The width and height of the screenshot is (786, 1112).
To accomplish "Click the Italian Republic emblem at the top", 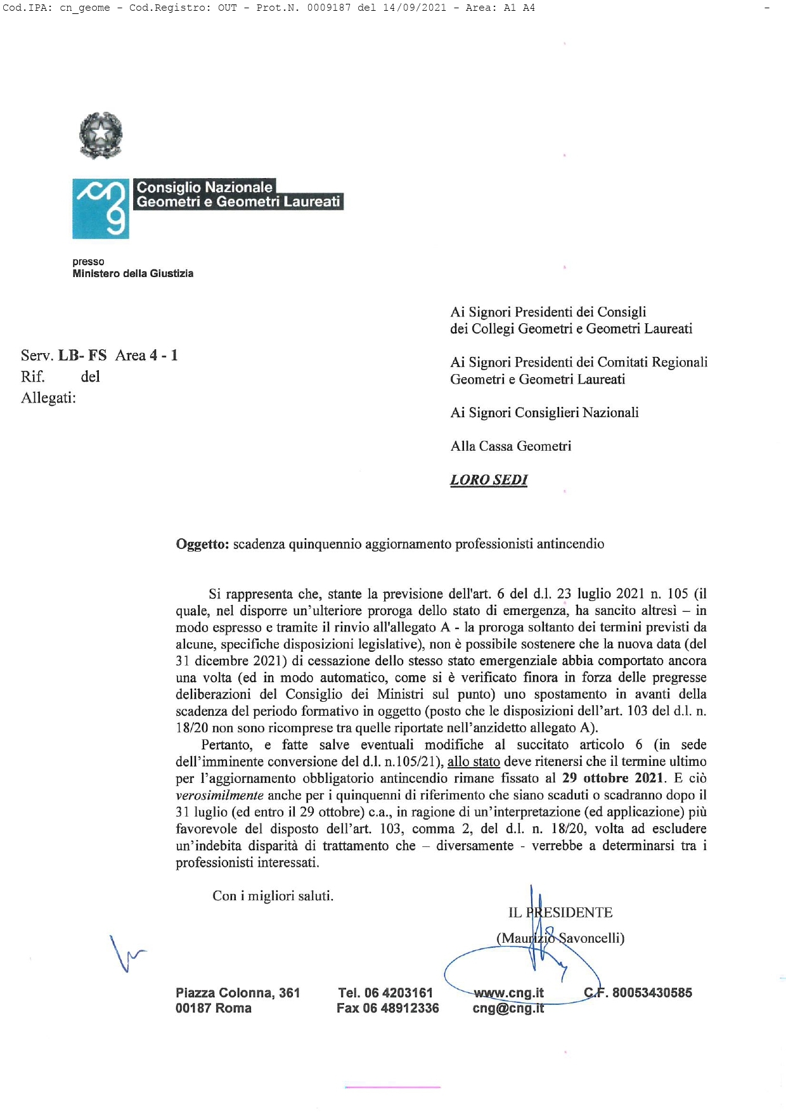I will pos(101,135).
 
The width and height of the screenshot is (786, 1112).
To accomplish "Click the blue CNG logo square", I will pos(101,209).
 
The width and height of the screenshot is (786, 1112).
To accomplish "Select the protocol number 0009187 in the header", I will pos(329,8).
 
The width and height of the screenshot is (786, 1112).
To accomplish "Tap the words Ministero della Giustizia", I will pos(133,274).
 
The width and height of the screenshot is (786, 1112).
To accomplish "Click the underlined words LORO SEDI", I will pos(489,480).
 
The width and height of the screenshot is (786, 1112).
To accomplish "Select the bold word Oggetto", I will pos(202,544).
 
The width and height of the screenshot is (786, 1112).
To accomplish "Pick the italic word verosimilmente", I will pos(219,795).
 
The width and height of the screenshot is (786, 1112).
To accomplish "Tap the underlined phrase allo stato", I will pos(474,761).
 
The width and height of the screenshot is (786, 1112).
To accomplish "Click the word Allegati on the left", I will pos(48,398).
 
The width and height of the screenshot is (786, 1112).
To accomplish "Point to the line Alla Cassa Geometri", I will pos(511,446).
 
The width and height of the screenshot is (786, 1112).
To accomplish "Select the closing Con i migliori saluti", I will pos(273,896).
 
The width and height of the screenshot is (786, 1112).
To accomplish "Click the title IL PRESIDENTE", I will pos(560,912).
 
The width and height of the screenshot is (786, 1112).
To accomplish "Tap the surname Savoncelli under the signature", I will pos(591,938).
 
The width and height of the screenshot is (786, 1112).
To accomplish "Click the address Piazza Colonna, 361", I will pos(238,993).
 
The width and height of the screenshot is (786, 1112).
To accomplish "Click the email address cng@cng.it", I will pos(508,1008).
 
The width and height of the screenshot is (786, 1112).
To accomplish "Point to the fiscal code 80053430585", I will pos(652,993).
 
